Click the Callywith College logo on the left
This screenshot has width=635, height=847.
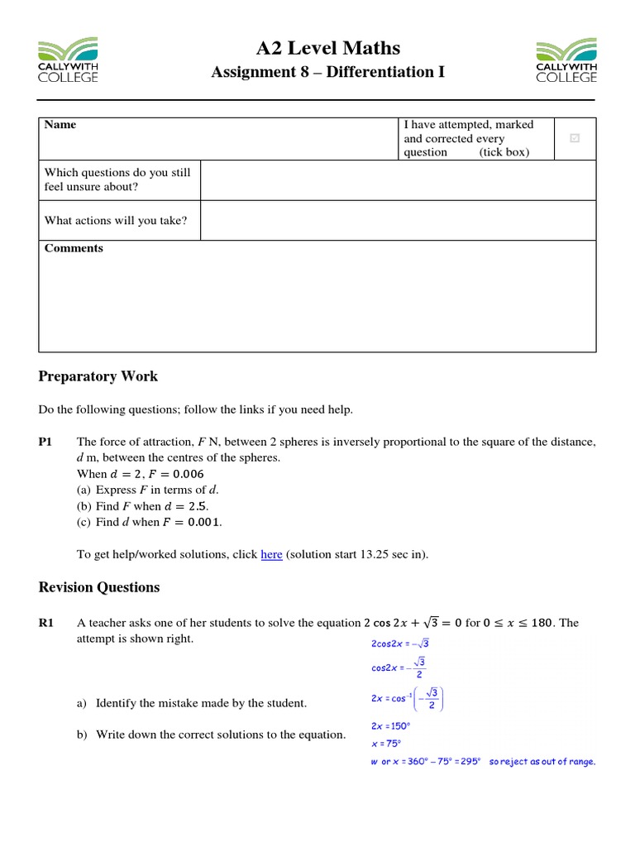coord(68,60)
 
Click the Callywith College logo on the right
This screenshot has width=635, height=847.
coord(566,60)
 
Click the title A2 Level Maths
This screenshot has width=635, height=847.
coord(328,48)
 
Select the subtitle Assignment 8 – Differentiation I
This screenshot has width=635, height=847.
coord(328,72)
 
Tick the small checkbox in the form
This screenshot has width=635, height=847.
coord(575,138)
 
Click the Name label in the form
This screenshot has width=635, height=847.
coord(60,125)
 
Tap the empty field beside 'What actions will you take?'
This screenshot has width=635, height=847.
coord(398,220)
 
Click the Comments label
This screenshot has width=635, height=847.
coord(74,248)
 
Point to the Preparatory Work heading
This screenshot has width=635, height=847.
coord(98,376)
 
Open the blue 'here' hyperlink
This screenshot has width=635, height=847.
coord(271,555)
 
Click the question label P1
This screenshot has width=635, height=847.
coord(47,443)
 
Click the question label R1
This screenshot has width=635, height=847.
coord(47,623)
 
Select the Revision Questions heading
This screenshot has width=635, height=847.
coord(99,587)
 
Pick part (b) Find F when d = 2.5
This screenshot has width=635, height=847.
coord(143,506)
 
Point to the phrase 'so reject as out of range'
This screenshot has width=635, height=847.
coord(542,762)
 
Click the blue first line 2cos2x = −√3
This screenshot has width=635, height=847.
coord(393,643)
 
